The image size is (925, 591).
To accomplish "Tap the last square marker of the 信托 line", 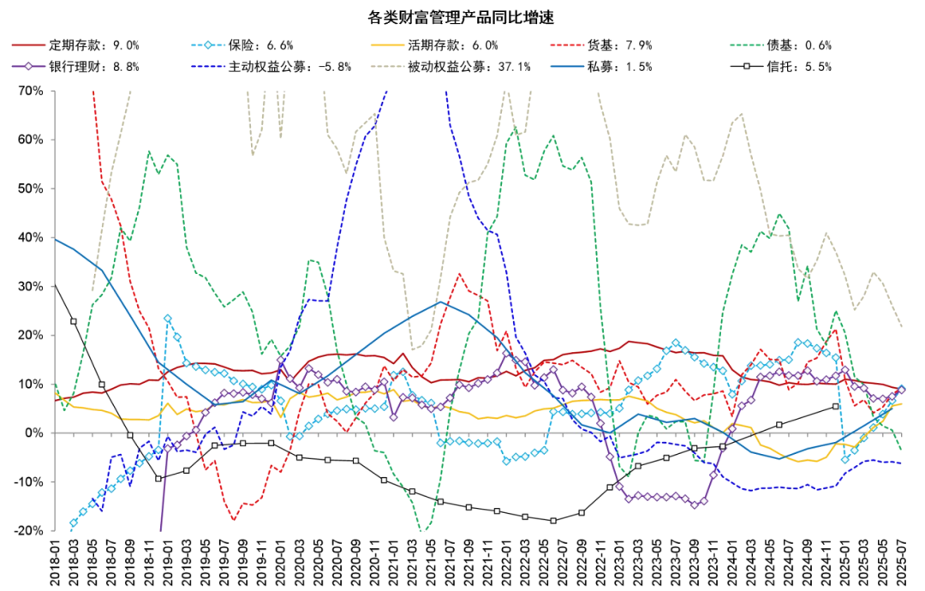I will [835, 407].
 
